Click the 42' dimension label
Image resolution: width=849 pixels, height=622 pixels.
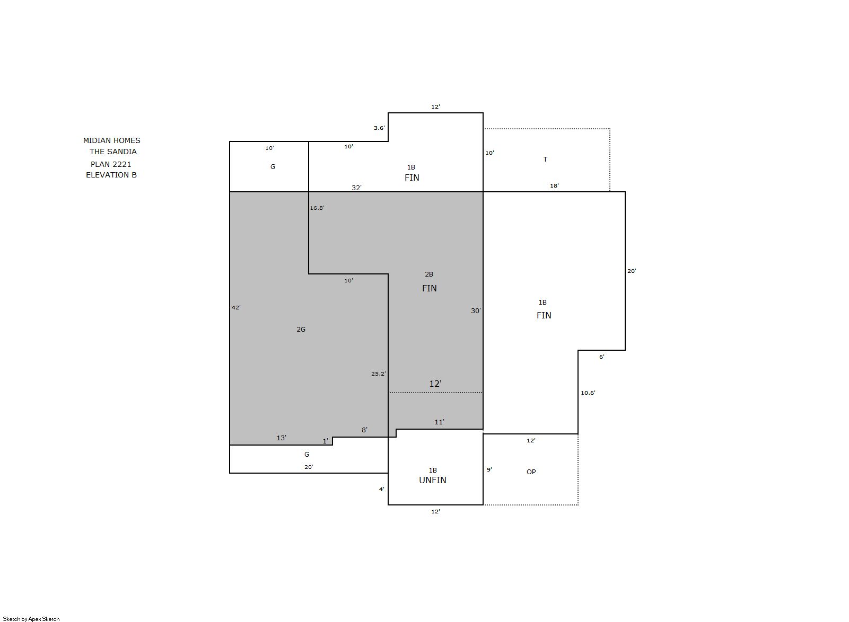click(236, 307)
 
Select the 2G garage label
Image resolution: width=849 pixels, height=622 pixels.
click(301, 330)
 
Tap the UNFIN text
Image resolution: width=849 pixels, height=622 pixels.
click(433, 480)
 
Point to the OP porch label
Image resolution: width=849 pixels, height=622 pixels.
click(531, 472)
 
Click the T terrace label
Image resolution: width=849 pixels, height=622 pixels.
click(545, 159)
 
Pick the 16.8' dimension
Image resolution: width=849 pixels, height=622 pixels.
click(317, 208)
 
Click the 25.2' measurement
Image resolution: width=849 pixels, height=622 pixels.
click(378, 374)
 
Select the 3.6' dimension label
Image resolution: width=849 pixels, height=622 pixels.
click(379, 128)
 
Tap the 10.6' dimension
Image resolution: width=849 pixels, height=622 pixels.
click(588, 393)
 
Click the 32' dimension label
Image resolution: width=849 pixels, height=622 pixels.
click(357, 188)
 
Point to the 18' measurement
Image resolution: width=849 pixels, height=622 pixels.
click(555, 185)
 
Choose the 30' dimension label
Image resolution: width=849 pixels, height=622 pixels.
click(476, 311)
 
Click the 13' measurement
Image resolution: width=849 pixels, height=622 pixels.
click(281, 438)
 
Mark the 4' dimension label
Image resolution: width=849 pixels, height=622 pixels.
click(382, 489)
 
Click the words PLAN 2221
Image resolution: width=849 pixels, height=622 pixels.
click(111, 164)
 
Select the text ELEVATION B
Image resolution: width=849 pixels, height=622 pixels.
click(111, 175)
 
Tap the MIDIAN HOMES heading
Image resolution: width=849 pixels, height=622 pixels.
click(112, 140)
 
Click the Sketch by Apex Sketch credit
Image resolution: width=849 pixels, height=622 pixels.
click(31, 619)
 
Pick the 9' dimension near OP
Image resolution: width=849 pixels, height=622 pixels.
click(489, 469)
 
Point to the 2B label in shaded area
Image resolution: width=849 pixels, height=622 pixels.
click(429, 274)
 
